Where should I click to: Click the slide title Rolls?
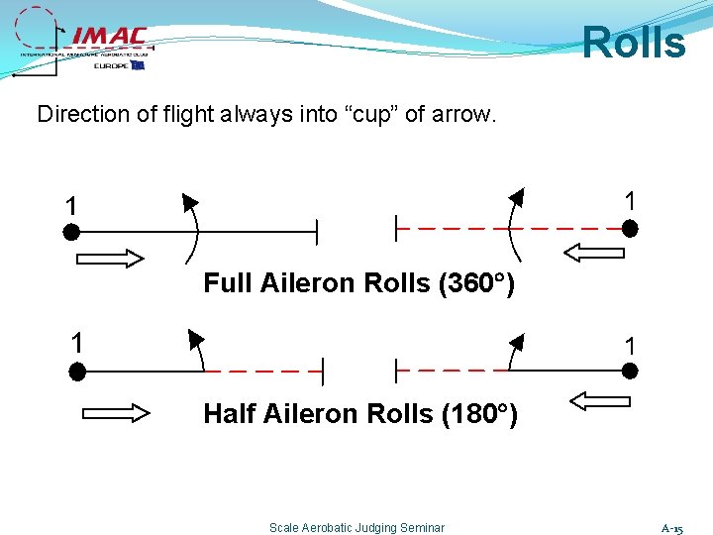point(633,43)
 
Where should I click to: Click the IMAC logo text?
point(109,37)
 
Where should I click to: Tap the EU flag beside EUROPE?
point(137,65)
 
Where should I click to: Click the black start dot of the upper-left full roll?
point(71,233)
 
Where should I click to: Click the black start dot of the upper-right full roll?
point(630,229)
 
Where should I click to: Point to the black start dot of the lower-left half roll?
point(77,373)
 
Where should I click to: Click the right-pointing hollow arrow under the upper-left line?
point(109,260)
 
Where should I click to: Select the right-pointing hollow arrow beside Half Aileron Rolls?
point(116,412)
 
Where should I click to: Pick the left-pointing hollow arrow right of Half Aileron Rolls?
point(594,402)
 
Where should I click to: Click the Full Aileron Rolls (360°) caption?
point(358,283)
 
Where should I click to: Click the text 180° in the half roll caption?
point(478,413)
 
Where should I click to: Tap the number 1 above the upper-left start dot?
point(70,206)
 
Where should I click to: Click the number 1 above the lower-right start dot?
point(629,347)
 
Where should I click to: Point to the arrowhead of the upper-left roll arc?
point(187,203)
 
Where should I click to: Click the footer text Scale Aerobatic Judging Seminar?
point(356,528)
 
